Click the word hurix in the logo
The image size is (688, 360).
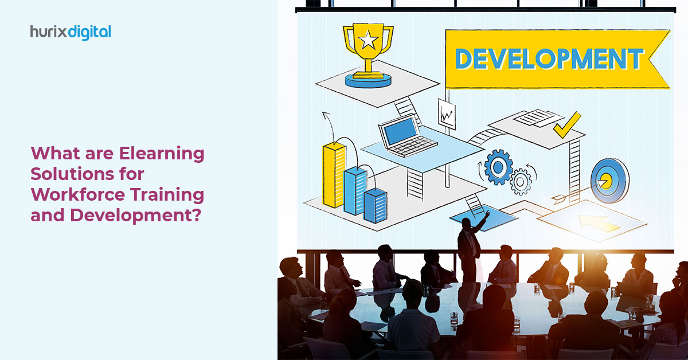coord(49,32)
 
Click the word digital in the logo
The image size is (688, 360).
coord(89,33)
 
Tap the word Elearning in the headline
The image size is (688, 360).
coord(162,154)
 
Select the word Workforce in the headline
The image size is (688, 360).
coord(78,194)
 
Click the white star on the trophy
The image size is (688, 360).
coord(368,40)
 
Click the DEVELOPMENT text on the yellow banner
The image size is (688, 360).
coord(549,58)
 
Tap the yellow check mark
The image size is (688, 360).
coord(567,125)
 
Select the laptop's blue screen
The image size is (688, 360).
coord(400,131)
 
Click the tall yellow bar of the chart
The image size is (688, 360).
coord(334,175)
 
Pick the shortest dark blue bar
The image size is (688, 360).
coord(376,205)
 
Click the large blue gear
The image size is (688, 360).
coord(498,167)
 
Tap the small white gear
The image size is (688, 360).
coord(521,182)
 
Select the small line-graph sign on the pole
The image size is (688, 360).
coord(447,114)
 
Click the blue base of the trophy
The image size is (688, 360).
coord(368,81)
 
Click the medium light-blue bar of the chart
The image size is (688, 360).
coord(355,190)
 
